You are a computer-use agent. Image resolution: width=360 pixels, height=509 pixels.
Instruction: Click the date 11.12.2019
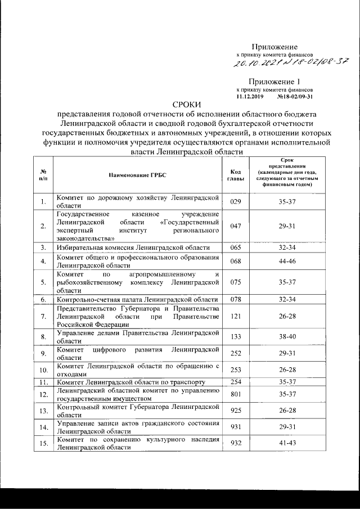(250, 96)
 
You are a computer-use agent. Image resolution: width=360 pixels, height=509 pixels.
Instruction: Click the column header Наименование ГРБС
(138, 175)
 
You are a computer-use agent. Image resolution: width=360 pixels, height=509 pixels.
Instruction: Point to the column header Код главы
(235, 175)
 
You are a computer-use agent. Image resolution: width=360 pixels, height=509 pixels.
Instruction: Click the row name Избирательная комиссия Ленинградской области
(133, 247)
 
